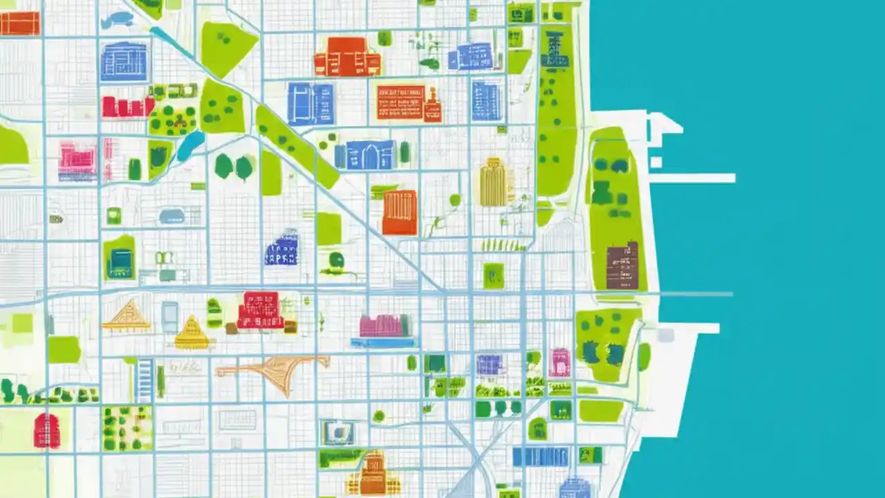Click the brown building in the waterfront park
tap(622, 266)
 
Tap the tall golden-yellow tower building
tap(494, 183)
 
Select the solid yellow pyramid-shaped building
tap(192, 333)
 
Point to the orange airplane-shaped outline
tap(277, 371)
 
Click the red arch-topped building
tap(46, 430)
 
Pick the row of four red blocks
tap(128, 107)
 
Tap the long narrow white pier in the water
tap(691, 178)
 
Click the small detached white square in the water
tap(655, 162)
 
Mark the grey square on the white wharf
tap(665, 335)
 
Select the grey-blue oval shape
tap(171, 216)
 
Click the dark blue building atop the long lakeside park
tap(555, 50)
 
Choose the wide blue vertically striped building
tap(540, 456)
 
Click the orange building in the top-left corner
tap(19, 24)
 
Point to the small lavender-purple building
tap(490, 365)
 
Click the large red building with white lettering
tap(260, 309)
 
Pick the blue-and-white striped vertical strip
tap(145, 380)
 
